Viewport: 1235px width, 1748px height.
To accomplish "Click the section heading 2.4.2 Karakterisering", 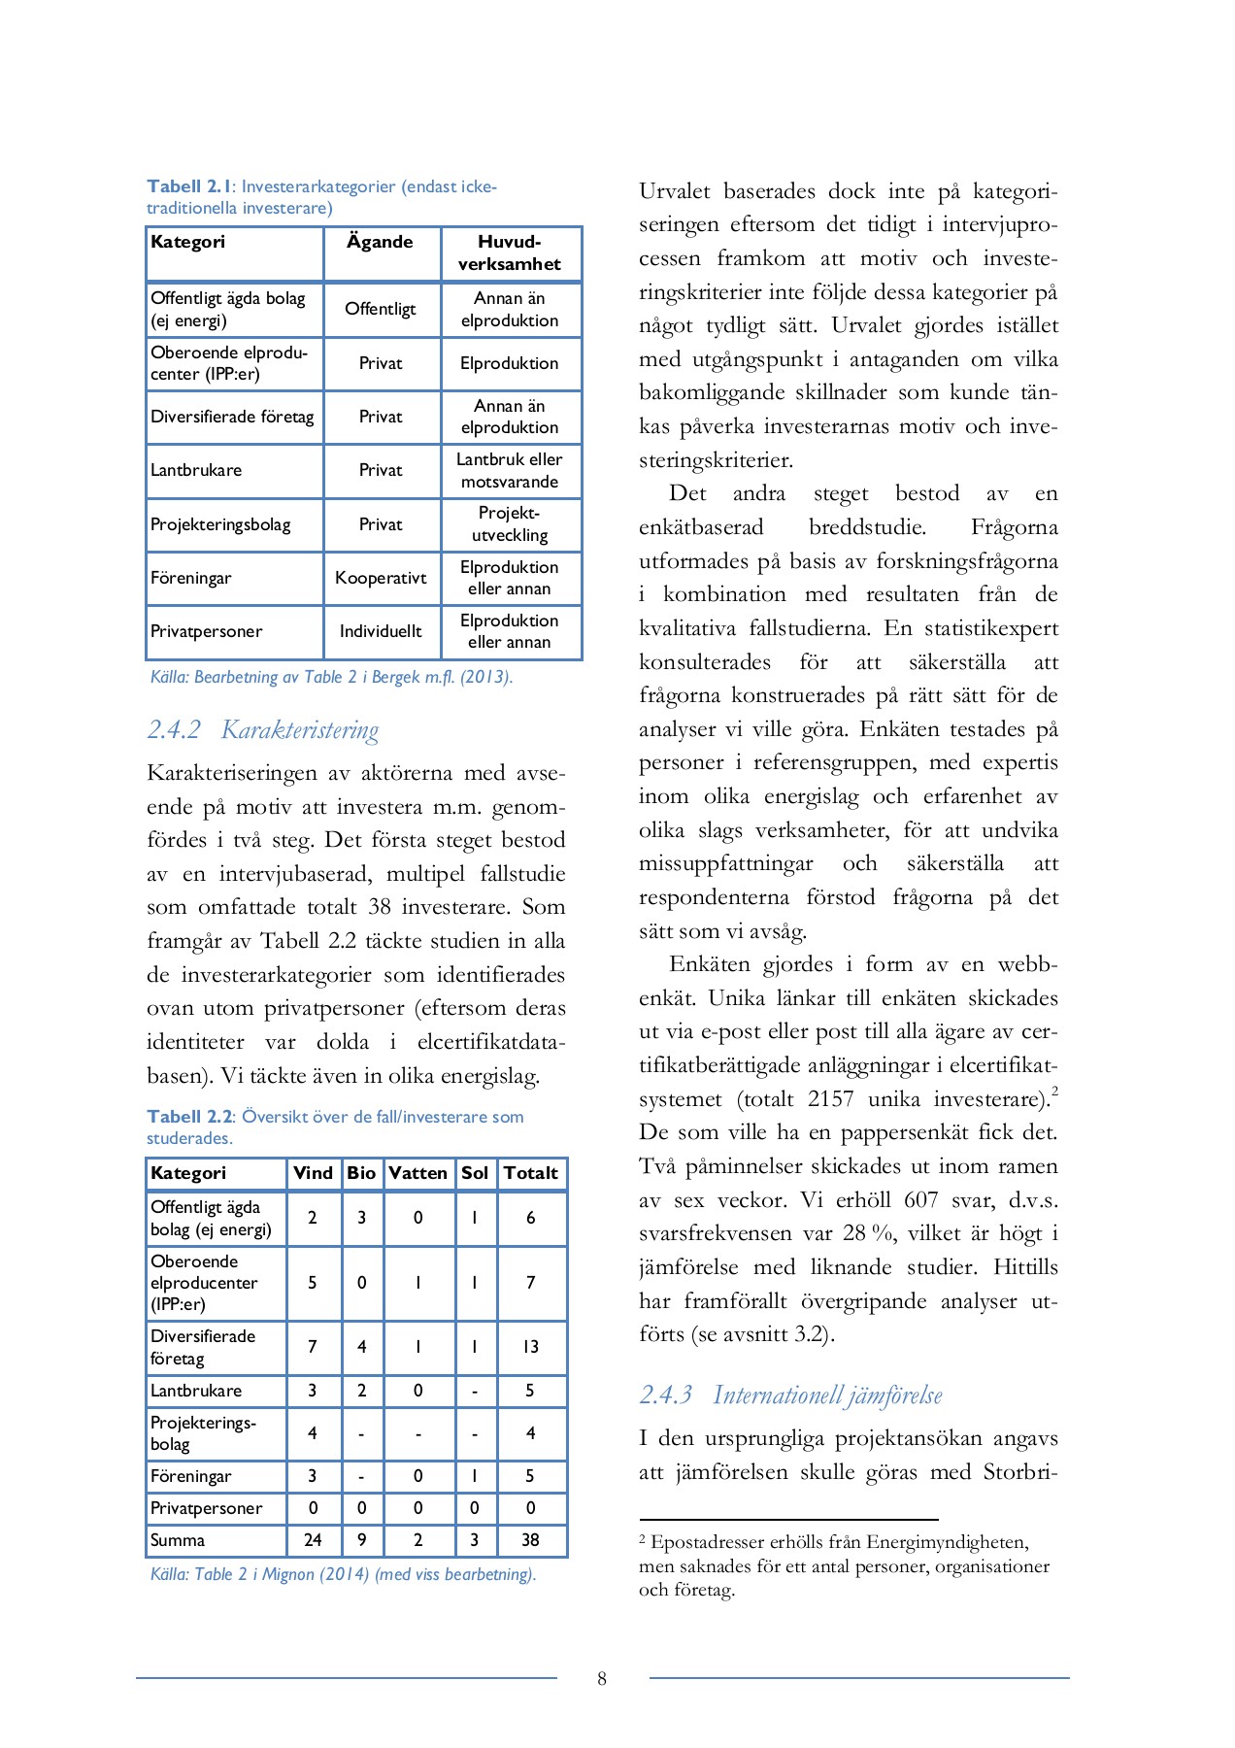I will [263, 730].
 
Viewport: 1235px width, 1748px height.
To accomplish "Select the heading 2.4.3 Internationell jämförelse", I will [790, 1395].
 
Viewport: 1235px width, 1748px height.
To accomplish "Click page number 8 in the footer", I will [602, 1679].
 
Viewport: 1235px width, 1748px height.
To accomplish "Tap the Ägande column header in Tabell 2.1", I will [380, 242].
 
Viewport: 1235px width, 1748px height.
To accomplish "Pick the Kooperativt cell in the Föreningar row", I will [381, 578].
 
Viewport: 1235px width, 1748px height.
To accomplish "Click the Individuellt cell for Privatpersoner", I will [381, 631].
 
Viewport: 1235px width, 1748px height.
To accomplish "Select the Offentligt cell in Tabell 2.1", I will [381, 309].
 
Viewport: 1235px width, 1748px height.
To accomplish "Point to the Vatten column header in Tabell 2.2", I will [417, 1173].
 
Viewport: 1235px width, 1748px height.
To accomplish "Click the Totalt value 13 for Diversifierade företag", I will [530, 1347].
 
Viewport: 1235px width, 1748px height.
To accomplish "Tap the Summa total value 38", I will [530, 1540].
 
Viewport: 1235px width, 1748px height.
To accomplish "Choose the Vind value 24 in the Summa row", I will [313, 1540].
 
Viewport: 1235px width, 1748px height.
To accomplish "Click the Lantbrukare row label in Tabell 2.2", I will [196, 1391].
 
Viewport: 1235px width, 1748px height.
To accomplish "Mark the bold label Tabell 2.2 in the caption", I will [190, 1117].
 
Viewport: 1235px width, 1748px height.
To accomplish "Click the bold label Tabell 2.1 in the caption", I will [190, 186].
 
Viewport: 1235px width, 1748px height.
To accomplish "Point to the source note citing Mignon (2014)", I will [343, 1574].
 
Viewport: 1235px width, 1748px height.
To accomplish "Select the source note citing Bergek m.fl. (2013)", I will [331, 677].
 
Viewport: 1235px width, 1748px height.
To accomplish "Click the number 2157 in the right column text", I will [830, 1099].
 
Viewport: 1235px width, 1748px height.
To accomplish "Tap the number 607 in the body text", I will [922, 1200].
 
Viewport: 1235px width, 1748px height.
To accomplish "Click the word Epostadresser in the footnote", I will [707, 1542].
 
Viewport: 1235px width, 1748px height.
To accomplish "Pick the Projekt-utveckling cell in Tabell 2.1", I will [510, 524].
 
